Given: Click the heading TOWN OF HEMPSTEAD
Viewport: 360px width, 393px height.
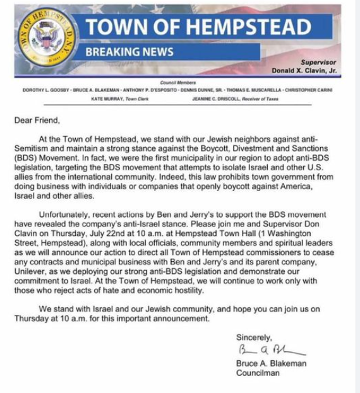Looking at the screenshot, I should point(198,26).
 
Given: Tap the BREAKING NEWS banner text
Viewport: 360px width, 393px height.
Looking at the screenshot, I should point(129,52).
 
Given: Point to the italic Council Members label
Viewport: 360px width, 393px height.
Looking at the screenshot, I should point(178,83).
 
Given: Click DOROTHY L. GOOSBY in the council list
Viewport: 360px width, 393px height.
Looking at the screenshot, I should point(44,90).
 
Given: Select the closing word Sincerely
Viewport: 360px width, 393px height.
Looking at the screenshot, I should point(254,337).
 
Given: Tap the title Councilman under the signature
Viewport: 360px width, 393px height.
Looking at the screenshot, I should point(257,373).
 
